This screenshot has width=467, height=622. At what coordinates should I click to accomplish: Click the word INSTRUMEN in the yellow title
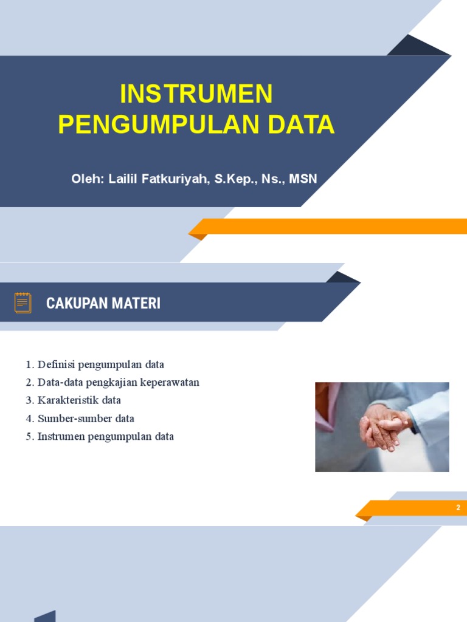point(196,94)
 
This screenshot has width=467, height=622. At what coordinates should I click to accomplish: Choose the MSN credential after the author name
point(303,179)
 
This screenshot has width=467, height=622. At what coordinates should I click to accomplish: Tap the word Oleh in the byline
point(88,179)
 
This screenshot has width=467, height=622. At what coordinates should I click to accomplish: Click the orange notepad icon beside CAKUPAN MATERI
point(23,302)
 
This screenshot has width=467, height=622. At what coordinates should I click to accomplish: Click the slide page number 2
point(458,508)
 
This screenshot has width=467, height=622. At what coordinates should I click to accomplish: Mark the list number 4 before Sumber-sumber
point(29,419)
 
